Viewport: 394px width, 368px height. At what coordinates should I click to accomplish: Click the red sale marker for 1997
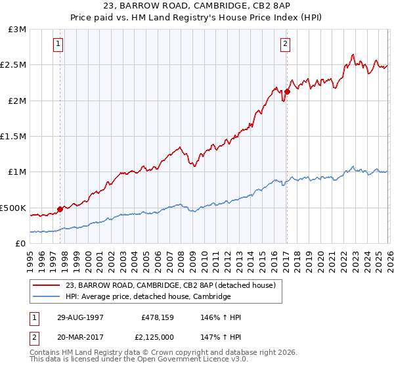[x=60, y=209]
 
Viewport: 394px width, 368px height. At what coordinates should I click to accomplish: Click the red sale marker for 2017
[x=287, y=91]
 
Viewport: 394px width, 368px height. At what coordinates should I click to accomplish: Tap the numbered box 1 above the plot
[x=59, y=45]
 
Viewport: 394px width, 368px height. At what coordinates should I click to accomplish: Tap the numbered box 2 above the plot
[x=286, y=45]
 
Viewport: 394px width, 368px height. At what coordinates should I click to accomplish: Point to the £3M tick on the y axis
[x=17, y=30]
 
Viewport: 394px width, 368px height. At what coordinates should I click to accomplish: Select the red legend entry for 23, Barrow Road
[x=174, y=285]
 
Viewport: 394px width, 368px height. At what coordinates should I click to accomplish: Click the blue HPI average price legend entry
[x=148, y=297]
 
